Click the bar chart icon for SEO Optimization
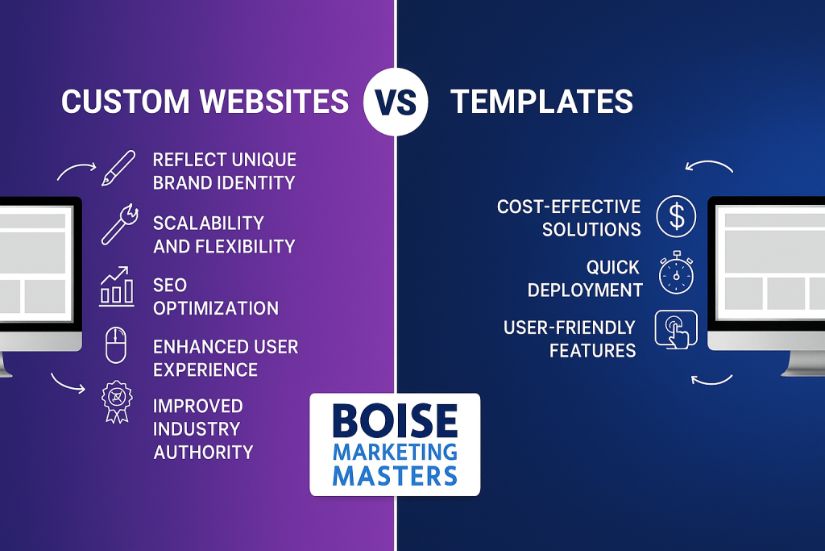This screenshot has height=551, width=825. (117, 286)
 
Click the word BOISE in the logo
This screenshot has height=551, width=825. (394, 421)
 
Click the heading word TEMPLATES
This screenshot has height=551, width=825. (541, 102)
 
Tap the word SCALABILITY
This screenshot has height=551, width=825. (208, 223)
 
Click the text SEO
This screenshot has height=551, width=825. (170, 286)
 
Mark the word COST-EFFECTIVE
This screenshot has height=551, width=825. (569, 207)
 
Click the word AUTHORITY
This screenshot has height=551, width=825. (203, 451)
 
